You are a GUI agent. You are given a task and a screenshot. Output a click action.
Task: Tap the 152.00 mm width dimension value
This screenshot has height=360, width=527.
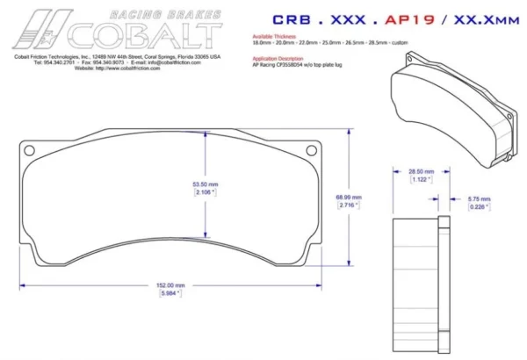coord(170,285)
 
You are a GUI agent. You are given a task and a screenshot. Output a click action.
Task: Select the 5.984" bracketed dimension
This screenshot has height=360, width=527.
coord(170,294)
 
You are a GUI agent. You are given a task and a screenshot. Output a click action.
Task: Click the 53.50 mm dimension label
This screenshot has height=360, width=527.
coord(205,184)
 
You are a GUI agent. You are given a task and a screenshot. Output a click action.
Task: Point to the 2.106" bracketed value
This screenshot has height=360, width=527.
coord(205,192)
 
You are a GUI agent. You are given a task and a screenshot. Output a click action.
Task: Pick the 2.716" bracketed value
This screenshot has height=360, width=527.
coord(349,205)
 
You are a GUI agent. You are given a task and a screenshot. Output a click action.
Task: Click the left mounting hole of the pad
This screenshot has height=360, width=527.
coord(32,148)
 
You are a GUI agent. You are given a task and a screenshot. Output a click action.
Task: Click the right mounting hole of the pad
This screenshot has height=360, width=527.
coord(309,148)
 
